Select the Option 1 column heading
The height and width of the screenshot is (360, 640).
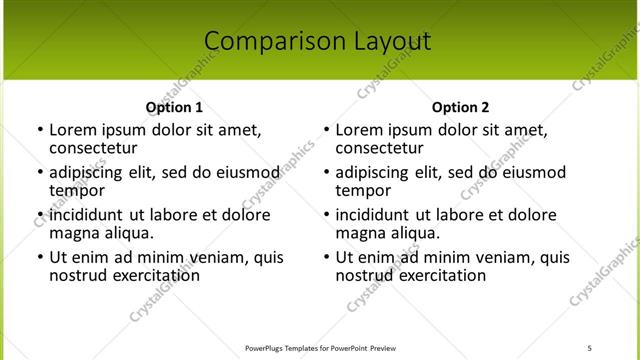pyautogui.click(x=174, y=107)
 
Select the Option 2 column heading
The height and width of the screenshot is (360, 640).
pyautogui.click(x=460, y=107)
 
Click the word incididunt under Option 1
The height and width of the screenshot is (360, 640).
pyautogui.click(x=86, y=215)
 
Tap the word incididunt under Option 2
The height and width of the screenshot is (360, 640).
pyautogui.click(x=373, y=215)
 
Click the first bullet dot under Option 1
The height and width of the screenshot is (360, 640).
pyautogui.click(x=39, y=130)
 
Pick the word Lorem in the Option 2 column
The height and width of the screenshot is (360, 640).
pyautogui.click(x=358, y=130)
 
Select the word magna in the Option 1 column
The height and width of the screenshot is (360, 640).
pyautogui.click(x=73, y=233)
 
